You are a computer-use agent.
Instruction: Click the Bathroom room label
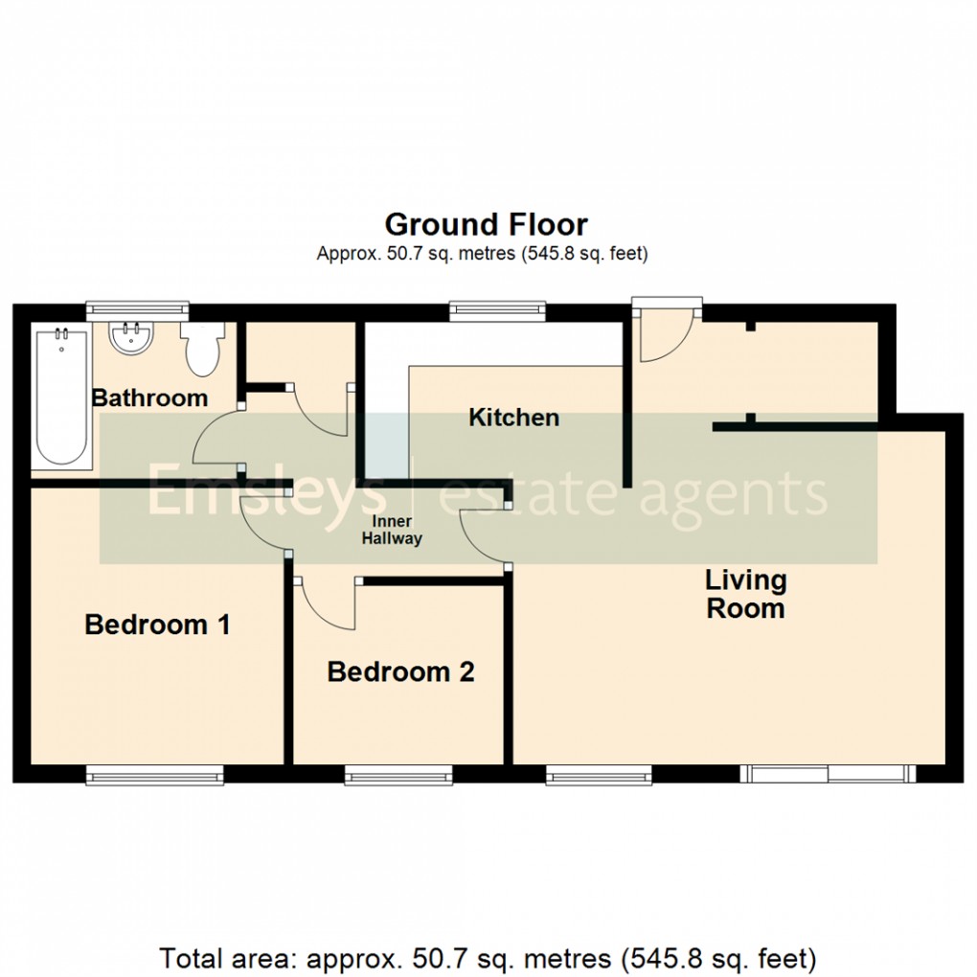point(149,398)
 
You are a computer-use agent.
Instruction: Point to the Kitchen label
point(513,418)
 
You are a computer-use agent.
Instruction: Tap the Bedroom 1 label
point(157,625)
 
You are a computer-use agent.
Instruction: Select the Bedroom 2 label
point(400,672)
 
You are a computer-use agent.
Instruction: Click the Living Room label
point(745,594)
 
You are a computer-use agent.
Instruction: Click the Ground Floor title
point(486,225)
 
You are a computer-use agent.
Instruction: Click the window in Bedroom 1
point(155,774)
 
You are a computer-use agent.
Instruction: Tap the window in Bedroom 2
point(398,774)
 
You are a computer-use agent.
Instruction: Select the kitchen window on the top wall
point(498,310)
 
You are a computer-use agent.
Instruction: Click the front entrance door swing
point(666,335)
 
